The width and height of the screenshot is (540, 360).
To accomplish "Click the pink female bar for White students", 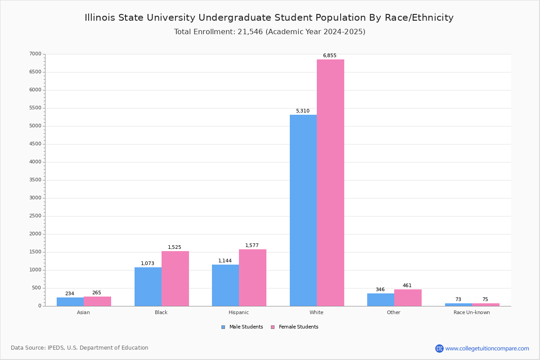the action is [x=330, y=183].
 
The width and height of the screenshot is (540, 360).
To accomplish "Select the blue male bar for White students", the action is [x=303, y=210].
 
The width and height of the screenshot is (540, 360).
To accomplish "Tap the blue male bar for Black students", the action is [x=148, y=287].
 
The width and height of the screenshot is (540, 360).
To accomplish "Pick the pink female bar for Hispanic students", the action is [x=252, y=278].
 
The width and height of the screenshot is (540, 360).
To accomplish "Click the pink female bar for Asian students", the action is [x=97, y=301].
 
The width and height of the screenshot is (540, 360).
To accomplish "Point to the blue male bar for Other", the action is [x=380, y=300].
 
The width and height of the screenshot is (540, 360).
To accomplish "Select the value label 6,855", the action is [x=329, y=56].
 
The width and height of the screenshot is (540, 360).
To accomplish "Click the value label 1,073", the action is [x=147, y=264].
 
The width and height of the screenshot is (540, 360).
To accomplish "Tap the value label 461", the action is [x=407, y=286].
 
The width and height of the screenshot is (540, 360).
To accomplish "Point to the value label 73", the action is [x=458, y=300].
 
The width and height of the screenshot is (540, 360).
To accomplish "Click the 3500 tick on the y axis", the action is [x=35, y=180].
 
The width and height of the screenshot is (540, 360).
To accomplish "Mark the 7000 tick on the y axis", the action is [x=35, y=54].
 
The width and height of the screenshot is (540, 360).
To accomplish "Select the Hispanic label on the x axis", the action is [x=238, y=312].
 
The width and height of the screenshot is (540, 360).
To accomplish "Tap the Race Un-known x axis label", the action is [x=472, y=312].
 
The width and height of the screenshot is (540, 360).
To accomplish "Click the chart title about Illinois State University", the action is [x=269, y=18].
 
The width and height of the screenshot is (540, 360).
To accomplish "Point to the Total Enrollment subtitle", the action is [x=270, y=32].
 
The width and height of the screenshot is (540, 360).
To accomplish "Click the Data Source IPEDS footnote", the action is [x=80, y=348].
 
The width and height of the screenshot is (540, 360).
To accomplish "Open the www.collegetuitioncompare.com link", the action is [x=487, y=348].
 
